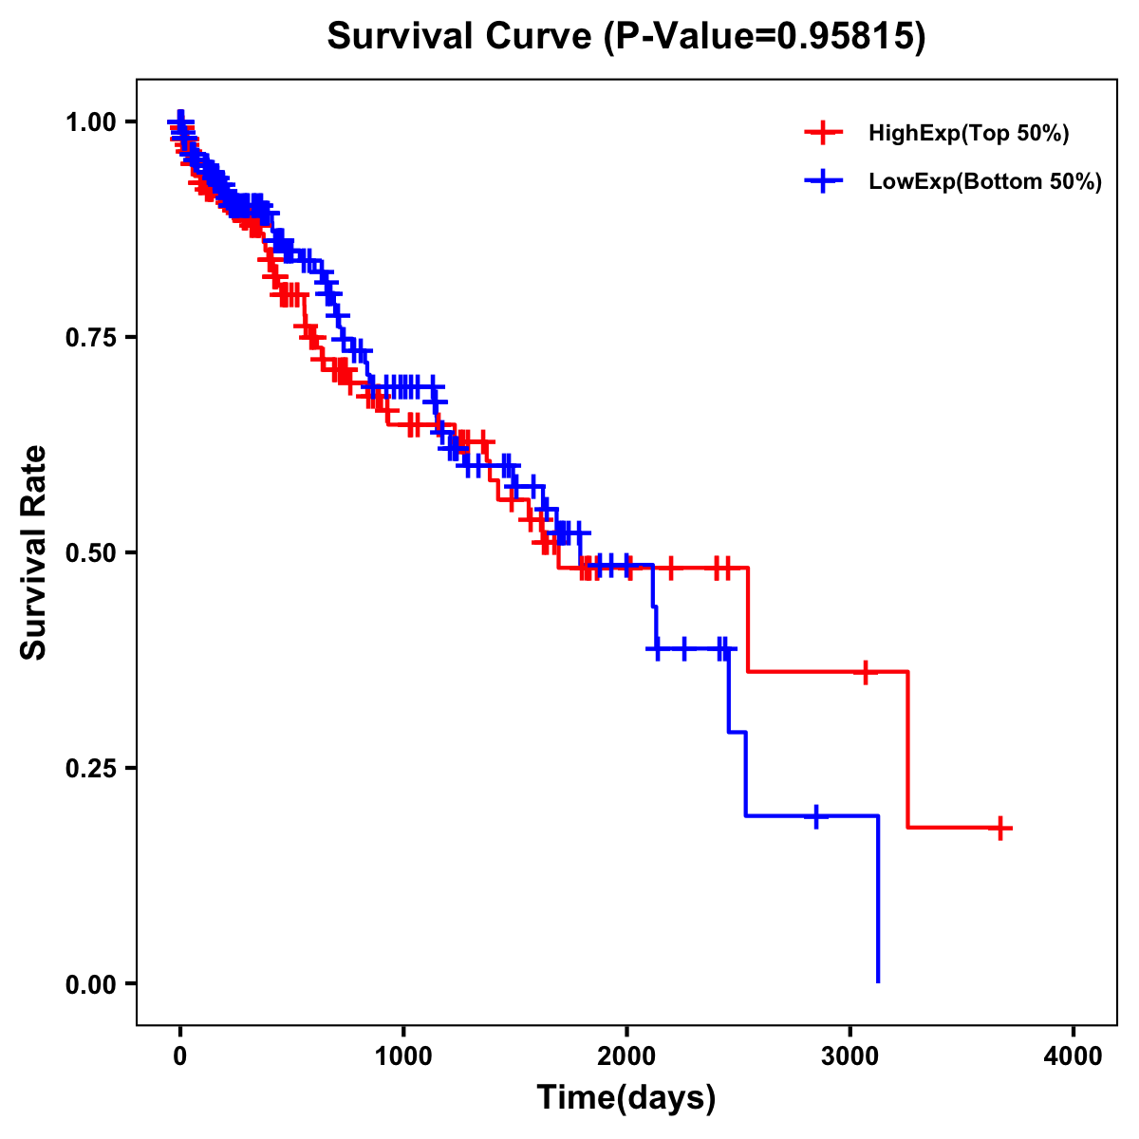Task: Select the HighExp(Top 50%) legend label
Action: coord(968,134)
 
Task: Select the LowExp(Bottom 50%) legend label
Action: coord(985,181)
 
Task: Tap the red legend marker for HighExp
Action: coord(823,134)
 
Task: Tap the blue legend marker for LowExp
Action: coord(823,181)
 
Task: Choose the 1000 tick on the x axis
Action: coord(403,1055)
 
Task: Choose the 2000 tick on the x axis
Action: coord(626,1055)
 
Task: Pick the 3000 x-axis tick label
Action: coord(850,1055)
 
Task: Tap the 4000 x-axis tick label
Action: coord(1074,1055)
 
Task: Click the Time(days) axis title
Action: coord(626,1098)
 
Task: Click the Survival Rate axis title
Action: coord(34,552)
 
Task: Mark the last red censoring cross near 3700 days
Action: coord(999,828)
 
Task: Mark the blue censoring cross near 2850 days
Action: coord(815,815)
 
